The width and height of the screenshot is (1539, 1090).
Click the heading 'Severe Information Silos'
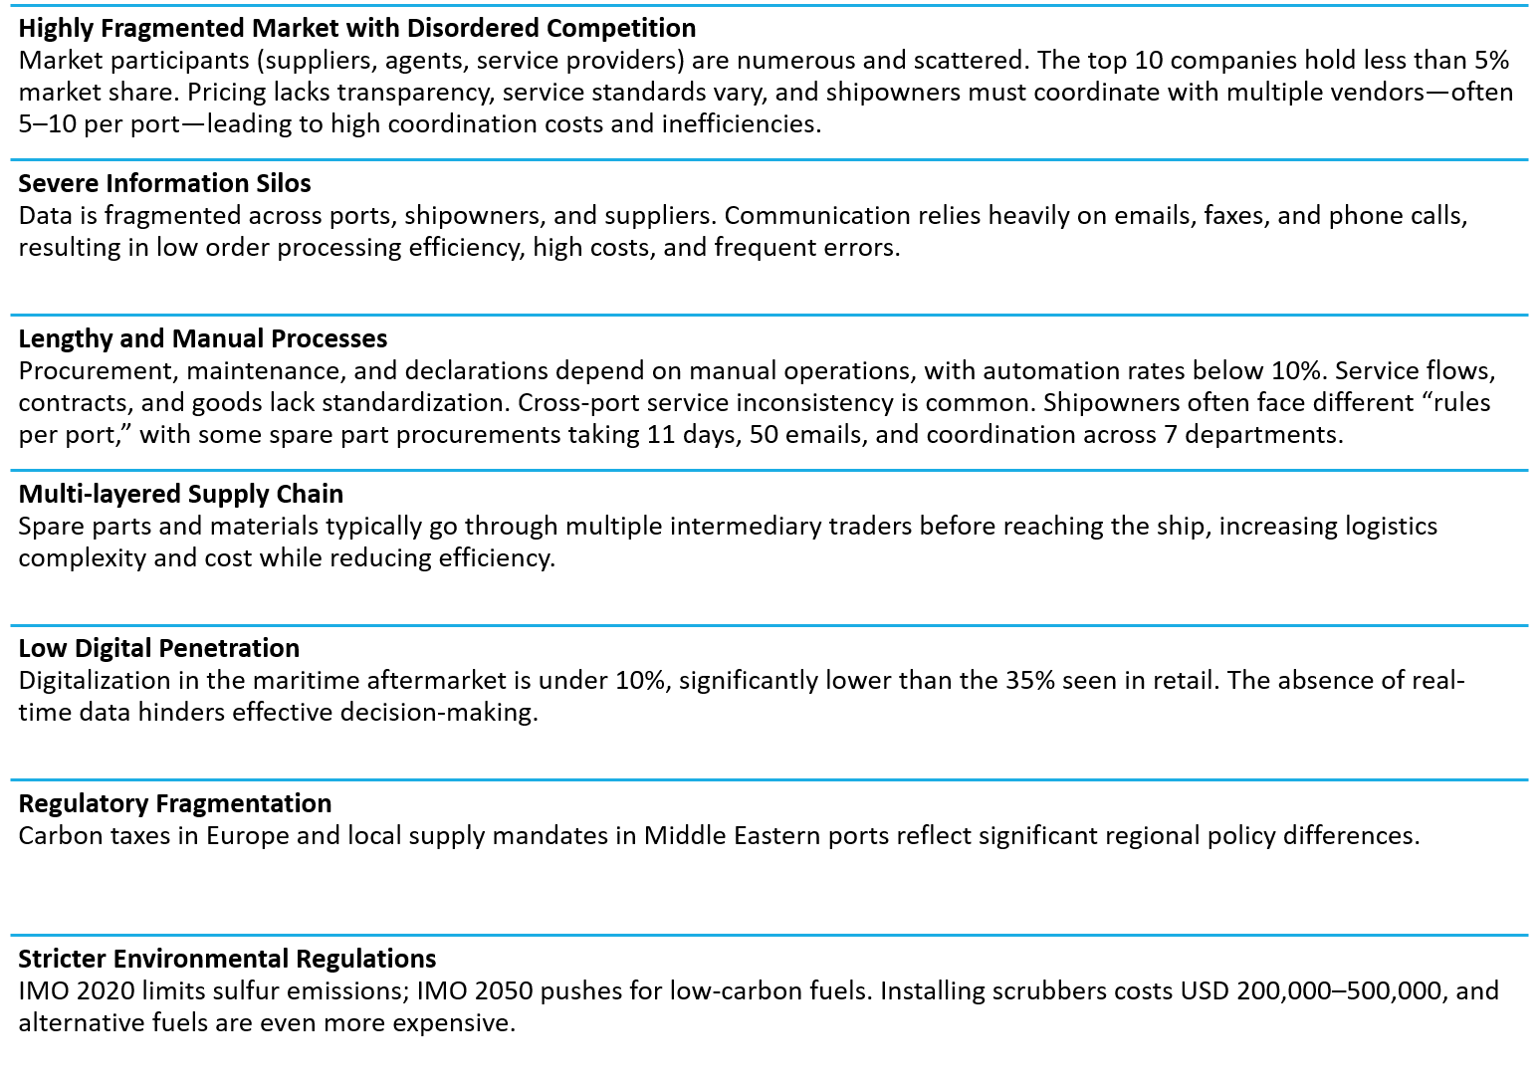point(164,183)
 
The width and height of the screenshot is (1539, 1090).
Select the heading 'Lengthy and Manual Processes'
point(203,338)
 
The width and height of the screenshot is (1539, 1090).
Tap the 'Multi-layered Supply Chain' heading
point(181,494)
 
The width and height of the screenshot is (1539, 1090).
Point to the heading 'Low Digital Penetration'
point(158,648)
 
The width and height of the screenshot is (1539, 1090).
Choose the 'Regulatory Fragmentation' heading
point(174,803)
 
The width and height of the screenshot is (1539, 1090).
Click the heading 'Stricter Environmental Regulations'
point(227,959)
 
